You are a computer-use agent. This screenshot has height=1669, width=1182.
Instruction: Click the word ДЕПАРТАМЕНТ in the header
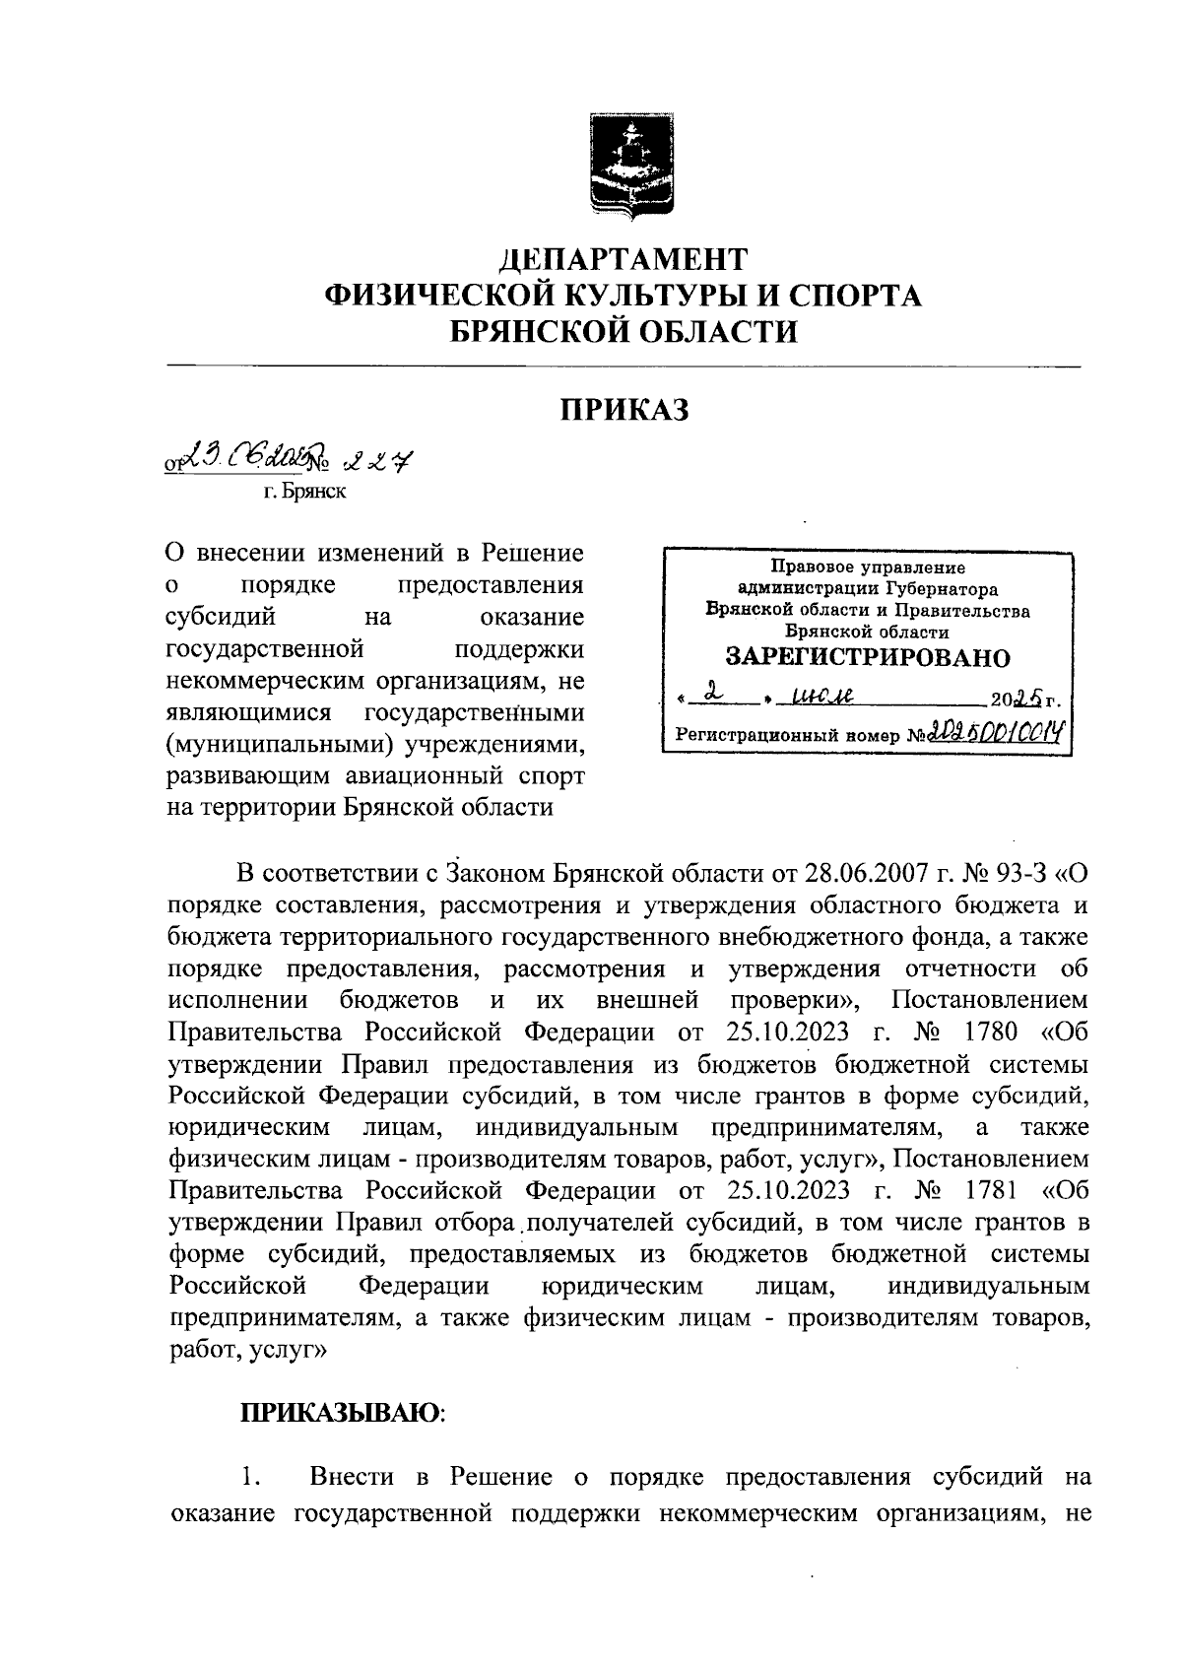(624, 260)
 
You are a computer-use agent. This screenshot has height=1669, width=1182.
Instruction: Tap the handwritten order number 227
(378, 459)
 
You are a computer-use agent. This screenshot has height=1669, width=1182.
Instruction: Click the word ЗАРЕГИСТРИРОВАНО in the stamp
(868, 658)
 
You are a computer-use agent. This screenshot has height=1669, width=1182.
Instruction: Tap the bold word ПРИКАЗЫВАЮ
(341, 1413)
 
